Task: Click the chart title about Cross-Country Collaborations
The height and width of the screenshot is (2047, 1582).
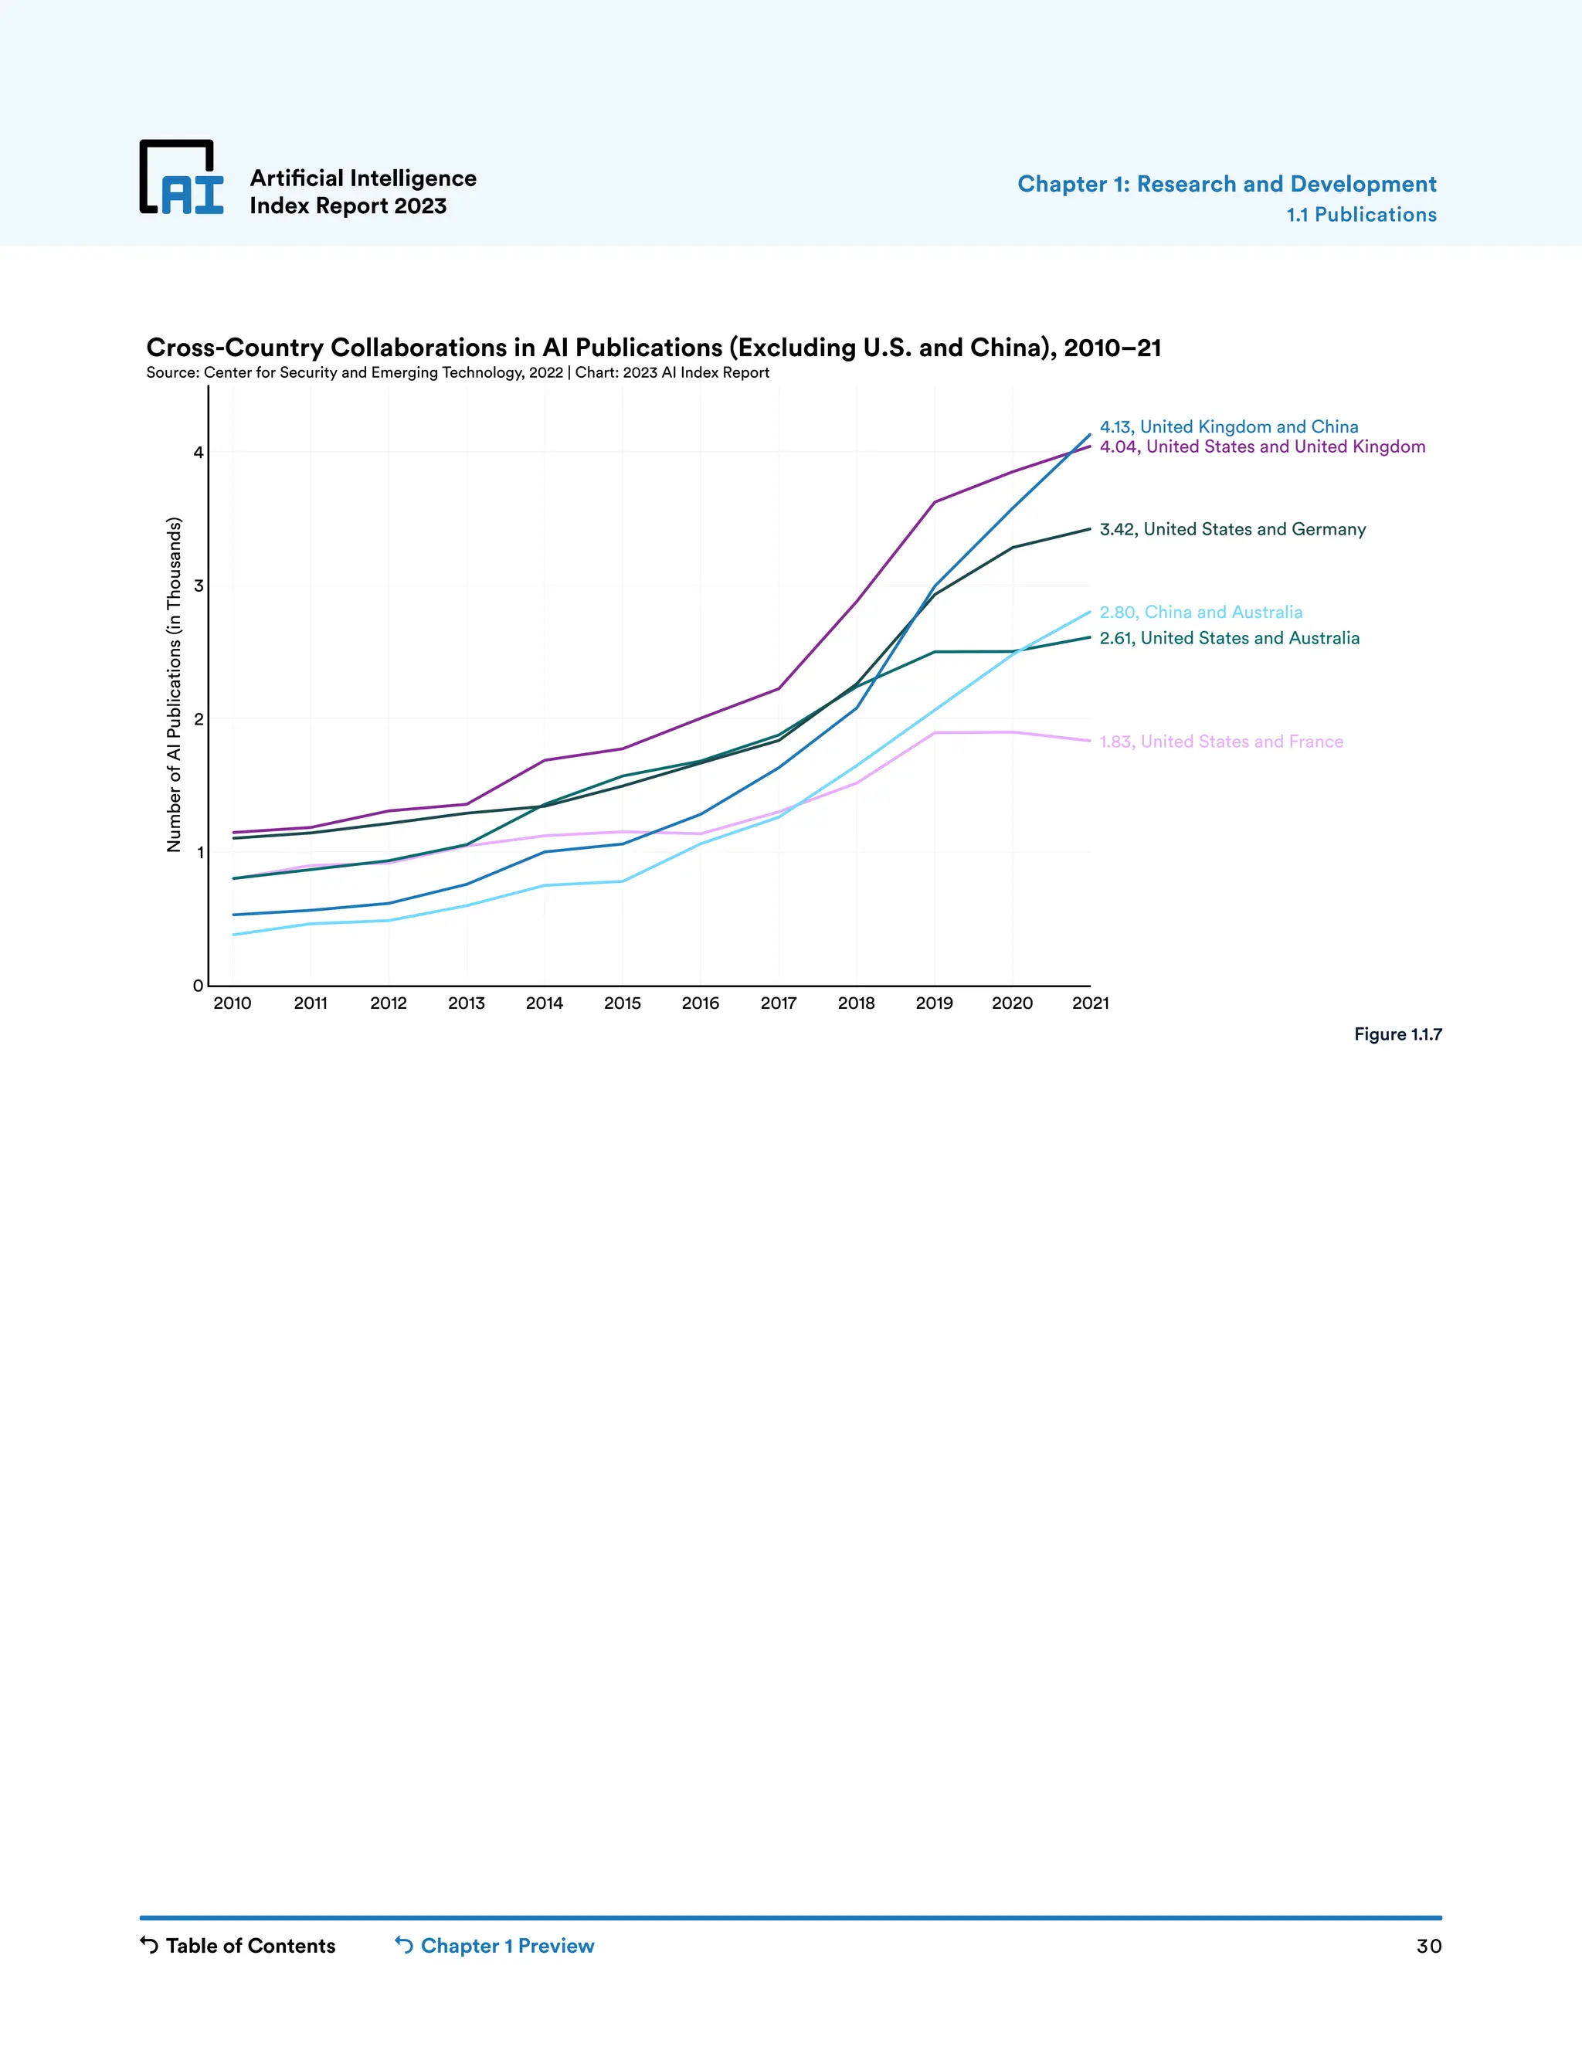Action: coord(654,348)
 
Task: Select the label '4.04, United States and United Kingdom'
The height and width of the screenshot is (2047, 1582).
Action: coord(1261,447)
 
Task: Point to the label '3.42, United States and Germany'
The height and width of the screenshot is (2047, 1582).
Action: coord(1231,530)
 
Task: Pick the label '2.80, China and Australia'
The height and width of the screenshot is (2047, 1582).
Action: coord(1200,612)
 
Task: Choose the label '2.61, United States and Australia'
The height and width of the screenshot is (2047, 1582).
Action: coord(1229,638)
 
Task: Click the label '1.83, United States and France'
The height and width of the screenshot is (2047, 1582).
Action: coord(1220,742)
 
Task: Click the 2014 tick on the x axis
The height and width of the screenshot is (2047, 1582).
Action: coord(545,1003)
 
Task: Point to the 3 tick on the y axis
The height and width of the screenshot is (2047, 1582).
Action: coord(198,586)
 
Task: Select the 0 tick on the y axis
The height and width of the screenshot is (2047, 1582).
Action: coord(198,985)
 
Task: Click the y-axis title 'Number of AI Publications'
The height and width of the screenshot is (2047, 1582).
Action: coord(173,684)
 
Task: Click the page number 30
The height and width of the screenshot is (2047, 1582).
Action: coord(1428,1947)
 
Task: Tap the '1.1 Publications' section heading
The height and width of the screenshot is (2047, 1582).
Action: coord(1361,215)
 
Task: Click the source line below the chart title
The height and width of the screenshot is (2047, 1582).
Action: coord(457,373)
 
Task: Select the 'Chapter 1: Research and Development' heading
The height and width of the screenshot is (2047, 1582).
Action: coord(1226,184)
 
